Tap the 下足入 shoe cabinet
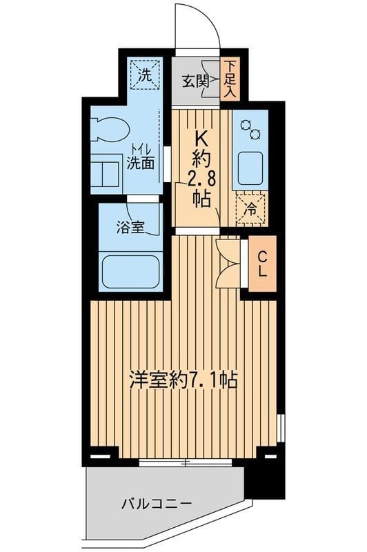tap(230, 79)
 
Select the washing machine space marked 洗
tap(145, 75)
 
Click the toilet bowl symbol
tap(109, 130)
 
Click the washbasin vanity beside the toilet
tap(105, 175)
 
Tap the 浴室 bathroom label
tap(130, 228)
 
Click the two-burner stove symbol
tap(250, 129)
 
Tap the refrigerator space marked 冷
tap(252, 210)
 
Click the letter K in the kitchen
tap(201, 142)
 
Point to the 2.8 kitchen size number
tap(201, 179)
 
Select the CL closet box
tap(263, 264)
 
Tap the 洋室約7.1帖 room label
tap(183, 379)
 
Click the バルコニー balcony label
tap(157, 504)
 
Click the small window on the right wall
tap(280, 428)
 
